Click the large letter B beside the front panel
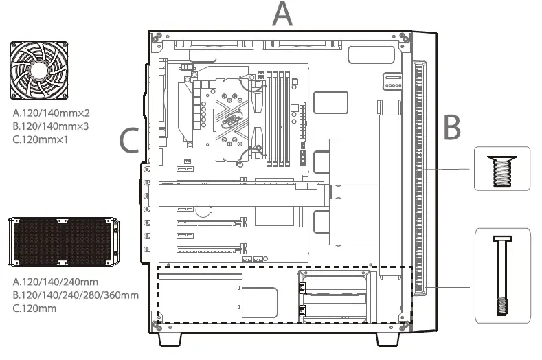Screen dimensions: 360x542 pyautogui.click(x=451, y=127)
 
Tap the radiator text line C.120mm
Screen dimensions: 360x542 pyautogui.click(x=34, y=308)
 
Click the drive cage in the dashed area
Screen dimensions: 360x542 pyautogui.click(x=332, y=295)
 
